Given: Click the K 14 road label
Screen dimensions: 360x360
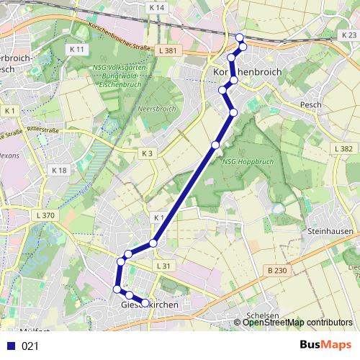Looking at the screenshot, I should coord(157,7).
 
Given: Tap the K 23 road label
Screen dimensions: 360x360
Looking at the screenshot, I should coord(349,35).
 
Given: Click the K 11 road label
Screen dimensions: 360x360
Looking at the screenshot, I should coord(78,50).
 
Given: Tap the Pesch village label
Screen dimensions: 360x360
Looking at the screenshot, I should coord(310,104).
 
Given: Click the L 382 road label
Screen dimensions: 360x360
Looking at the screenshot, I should coord(344,148).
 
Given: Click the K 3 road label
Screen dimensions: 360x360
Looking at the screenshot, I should coord(147,153).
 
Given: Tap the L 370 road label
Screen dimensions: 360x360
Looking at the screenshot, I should coord(45,215).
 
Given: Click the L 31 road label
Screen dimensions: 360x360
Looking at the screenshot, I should coord(165,266).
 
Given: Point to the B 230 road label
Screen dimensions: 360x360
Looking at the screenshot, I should coord(276,271).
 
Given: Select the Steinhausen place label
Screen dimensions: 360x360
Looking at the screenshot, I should coord(329,232).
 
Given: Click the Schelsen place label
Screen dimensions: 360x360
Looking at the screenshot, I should coord(262,315).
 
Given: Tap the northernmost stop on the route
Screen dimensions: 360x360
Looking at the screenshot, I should coord(240,37).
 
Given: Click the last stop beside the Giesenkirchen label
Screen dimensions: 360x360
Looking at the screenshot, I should coord(145,302).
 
